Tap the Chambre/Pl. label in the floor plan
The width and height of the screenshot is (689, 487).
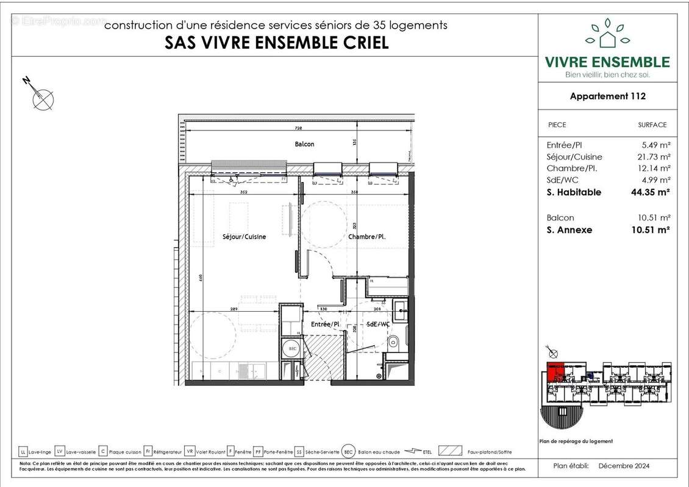367,237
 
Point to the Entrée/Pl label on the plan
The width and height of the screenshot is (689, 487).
325,324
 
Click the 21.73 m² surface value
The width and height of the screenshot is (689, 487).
654,156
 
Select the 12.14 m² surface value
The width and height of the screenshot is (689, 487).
654,168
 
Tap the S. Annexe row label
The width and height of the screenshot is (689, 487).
569,229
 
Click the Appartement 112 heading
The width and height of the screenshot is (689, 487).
607,96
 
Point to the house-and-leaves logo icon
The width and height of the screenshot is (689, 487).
607,35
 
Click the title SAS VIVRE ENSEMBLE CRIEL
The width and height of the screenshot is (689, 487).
276,43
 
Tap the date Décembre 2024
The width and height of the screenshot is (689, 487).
624,466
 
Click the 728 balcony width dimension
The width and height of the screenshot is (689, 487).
298,129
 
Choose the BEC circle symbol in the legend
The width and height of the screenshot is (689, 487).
348,451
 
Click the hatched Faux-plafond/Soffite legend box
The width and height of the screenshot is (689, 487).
450,451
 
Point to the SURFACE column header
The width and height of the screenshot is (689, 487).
652,125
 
